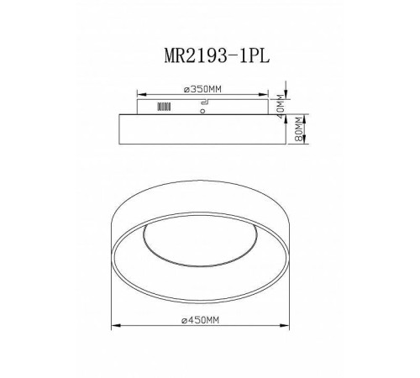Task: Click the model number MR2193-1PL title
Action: point(216,52)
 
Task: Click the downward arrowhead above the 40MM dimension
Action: point(287,94)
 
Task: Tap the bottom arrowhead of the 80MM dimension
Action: point(287,145)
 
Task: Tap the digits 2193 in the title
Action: point(205,52)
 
